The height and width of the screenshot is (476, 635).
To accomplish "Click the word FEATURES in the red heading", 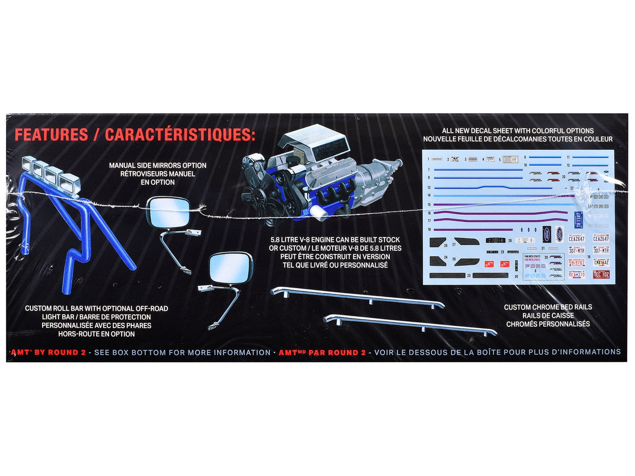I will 51,135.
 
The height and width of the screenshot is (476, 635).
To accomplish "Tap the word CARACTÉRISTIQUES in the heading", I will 180,135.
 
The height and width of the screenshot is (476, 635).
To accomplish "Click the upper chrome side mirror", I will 168,212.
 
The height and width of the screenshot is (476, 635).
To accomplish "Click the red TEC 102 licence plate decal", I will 601,275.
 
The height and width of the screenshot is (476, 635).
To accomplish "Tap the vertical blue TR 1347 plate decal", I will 578,219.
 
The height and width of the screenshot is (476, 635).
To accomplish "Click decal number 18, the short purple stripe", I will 473,230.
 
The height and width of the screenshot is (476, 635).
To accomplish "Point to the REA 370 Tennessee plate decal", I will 577,275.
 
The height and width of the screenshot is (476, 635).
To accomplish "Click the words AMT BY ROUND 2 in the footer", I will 48,353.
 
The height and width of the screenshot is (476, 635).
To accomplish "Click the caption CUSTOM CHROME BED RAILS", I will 548,307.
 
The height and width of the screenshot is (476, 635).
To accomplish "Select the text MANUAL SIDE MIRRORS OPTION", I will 157,166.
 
